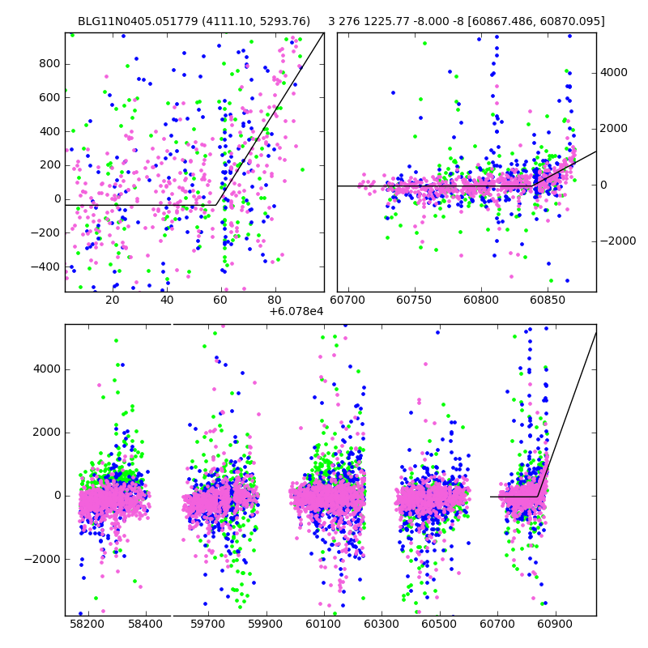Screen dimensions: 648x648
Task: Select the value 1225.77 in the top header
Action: click(389, 21)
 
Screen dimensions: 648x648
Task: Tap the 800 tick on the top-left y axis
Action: click(49, 63)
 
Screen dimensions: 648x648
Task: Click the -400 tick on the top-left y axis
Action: click(46, 266)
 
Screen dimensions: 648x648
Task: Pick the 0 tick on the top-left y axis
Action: click(55, 198)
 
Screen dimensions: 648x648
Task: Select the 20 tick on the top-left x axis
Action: click(113, 301)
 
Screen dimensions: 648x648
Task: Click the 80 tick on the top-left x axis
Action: click(275, 301)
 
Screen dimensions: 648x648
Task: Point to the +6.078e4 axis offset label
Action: click(296, 311)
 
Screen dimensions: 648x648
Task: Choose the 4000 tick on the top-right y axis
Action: click(613, 72)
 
